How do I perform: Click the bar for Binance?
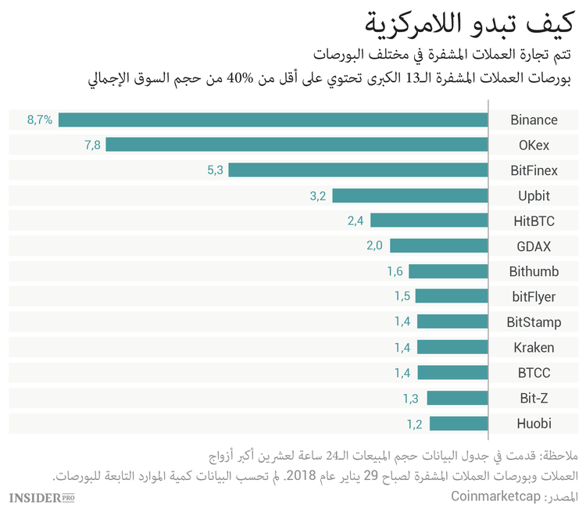coord(273,120)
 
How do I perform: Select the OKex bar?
coord(297,145)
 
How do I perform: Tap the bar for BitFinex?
coord(358,170)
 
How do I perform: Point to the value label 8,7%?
coord(40,120)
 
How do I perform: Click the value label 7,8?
coord(92,145)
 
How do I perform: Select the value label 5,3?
coord(215,170)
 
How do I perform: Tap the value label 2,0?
coord(375,246)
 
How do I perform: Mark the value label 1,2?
coord(414,424)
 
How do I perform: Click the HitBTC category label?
coord(534,221)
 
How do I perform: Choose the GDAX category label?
coord(534,246)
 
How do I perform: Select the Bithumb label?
coord(534,271)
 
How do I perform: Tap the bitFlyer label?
coord(534,297)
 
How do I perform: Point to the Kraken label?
coord(534,348)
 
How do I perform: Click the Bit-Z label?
coord(534,399)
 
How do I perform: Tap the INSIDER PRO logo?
coord(41,497)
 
